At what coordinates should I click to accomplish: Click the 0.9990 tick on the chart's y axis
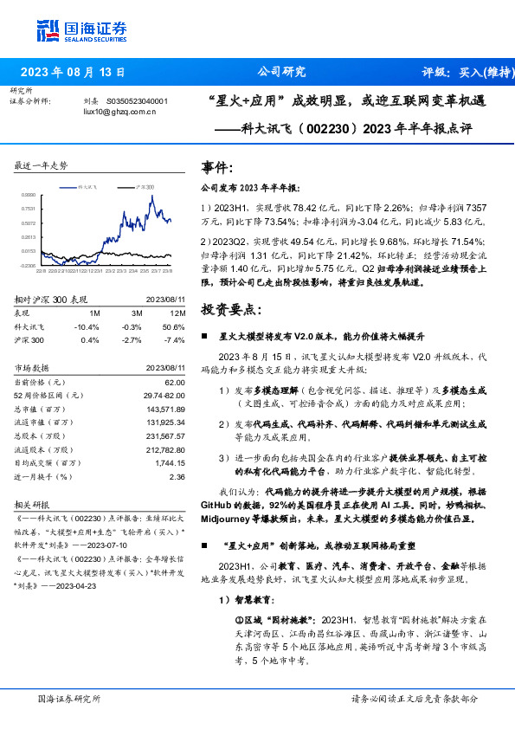tap(29, 195)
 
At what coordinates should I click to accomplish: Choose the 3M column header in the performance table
tap(136, 313)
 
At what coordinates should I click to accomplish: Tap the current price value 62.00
tap(175, 381)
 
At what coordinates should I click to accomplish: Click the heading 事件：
tap(216, 167)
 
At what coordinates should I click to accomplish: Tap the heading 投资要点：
tap(229, 309)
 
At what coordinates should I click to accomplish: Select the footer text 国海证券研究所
tap(69, 698)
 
